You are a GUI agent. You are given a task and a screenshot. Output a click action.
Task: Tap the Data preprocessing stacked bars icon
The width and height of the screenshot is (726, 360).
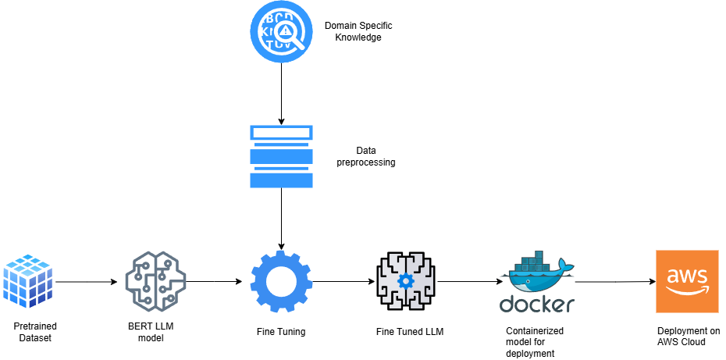coord(281,156)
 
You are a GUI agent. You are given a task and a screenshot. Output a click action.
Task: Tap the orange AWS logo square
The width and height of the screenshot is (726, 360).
coord(687,281)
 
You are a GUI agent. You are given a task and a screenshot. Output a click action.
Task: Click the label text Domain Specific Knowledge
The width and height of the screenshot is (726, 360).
coord(354,31)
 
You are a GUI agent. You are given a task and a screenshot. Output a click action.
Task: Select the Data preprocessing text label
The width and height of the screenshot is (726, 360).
coord(365,157)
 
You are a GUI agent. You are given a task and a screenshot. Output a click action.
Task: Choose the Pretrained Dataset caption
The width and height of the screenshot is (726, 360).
coord(35,331)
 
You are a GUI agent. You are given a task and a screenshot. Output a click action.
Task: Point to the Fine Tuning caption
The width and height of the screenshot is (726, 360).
coord(281,332)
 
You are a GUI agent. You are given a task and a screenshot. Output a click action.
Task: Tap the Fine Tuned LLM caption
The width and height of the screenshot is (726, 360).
coord(409,332)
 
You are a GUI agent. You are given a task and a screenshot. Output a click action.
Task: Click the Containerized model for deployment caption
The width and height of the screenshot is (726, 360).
coord(535,342)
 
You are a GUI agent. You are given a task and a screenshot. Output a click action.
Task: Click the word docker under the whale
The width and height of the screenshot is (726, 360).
coord(537,304)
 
